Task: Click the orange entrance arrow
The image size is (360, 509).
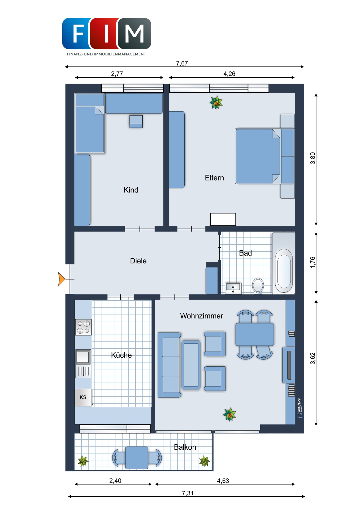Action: coord(62,279)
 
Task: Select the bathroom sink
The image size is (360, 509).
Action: coord(233,288)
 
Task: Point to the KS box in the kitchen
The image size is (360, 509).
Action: coord(83,397)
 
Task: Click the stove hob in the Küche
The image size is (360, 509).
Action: coord(83,327)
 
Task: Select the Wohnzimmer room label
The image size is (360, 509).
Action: coord(201,316)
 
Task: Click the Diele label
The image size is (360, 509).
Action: coord(138,261)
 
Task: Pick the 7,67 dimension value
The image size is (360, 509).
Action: coord(182,63)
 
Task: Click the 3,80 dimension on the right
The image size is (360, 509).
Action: coord(313,158)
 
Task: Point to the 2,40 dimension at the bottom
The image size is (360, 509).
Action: coord(115,481)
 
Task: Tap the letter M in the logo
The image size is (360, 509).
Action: coord(135,34)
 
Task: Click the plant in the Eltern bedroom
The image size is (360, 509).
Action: coord(216,103)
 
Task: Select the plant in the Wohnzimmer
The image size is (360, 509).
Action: coord(229,414)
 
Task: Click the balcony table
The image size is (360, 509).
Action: coord(137,458)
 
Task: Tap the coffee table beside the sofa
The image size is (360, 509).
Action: coord(191,365)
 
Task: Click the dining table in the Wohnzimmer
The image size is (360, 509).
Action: coord(255,334)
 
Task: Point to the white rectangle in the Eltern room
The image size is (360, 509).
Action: coord(223,219)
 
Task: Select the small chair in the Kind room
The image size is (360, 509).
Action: coord(136,121)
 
